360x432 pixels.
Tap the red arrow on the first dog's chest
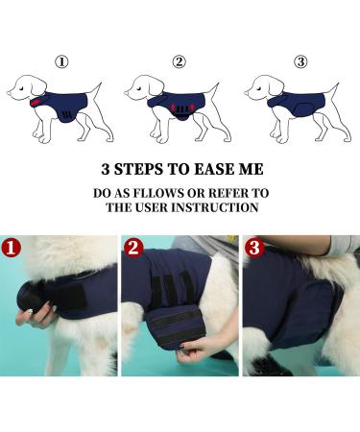coord(36,102)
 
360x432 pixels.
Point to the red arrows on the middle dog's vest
coord(180,106)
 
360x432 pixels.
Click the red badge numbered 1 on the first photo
coord(12,248)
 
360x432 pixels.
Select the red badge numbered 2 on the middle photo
coord(133,248)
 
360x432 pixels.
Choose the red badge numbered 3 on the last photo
coord(254,248)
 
